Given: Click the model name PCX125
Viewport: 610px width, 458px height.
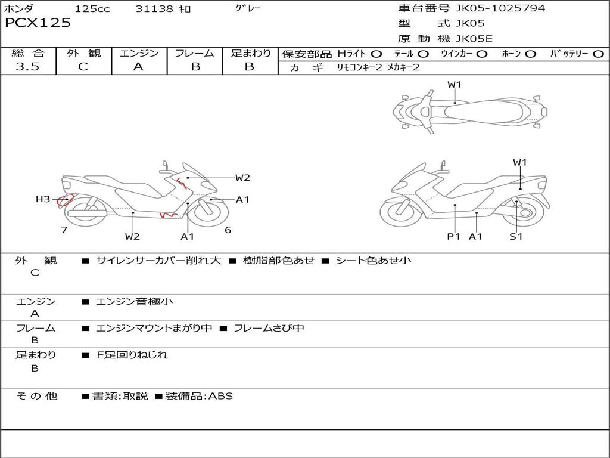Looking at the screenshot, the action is coord(38,23).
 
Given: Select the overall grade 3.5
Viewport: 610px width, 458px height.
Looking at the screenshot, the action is coord(27,67).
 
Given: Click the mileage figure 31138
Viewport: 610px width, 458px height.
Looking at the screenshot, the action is coord(154,9).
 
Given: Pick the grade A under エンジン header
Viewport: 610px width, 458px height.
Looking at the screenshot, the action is coord(138,67).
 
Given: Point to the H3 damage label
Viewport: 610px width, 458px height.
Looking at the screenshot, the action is coord(43,199).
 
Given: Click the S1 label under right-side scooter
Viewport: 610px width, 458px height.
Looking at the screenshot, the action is coord(516,237).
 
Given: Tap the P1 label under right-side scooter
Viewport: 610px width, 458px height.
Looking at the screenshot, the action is coord(455,237).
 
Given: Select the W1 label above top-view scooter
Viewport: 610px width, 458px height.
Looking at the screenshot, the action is coord(455,85).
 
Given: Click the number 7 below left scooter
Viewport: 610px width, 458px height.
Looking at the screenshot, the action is coord(64,230).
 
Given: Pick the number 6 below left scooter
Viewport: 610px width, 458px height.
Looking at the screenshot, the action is coord(228,230).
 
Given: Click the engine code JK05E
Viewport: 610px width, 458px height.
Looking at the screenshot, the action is coord(475,39).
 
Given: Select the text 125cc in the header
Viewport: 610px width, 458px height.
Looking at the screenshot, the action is coord(92,9).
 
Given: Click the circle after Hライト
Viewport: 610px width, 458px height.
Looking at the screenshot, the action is coord(376,54).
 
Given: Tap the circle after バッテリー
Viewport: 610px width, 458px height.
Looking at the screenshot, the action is coord(599,54).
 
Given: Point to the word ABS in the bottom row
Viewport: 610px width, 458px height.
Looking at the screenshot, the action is coord(220,396).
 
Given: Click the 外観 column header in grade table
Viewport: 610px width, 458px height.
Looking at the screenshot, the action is coord(83,53).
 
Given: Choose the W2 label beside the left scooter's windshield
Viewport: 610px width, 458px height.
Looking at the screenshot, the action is coord(242,178).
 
